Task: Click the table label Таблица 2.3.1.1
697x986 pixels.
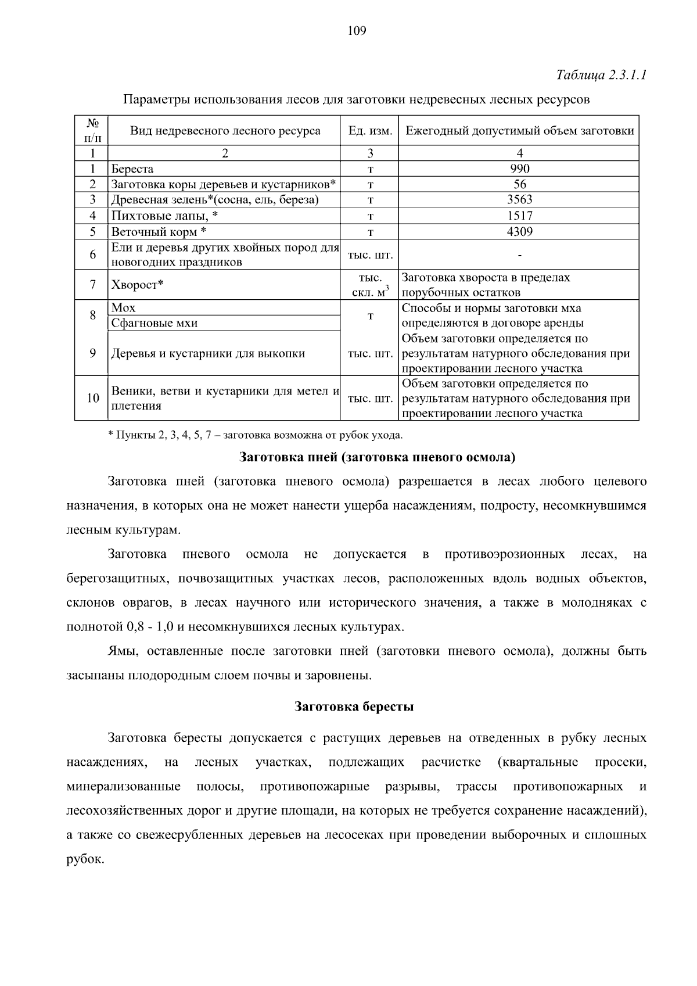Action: pos(601,76)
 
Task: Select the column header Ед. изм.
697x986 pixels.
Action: pos(370,131)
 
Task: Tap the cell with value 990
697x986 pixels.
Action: pos(519,169)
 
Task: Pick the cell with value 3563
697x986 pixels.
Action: pos(519,200)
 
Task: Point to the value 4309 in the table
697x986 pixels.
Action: pos(519,231)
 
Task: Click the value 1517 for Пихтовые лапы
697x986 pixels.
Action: pos(519,216)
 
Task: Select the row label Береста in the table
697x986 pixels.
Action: pos(132,169)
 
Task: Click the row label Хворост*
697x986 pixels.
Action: pos(137,285)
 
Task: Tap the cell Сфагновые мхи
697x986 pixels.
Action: pos(155,323)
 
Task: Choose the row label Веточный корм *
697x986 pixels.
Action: pos(159,232)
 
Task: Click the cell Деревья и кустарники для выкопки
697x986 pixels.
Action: pos(208,353)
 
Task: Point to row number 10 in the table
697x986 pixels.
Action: pos(92,398)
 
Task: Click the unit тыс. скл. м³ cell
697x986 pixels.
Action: pos(370,285)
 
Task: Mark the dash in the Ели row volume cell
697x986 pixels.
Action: pos(519,254)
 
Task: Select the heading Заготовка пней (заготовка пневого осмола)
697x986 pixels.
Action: pos(378,457)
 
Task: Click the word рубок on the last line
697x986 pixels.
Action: pos(85,859)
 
